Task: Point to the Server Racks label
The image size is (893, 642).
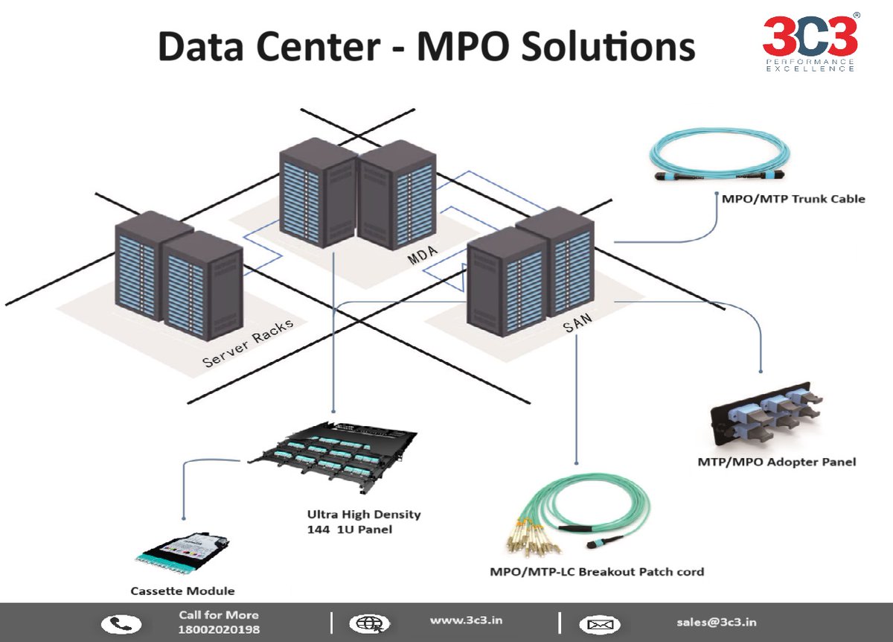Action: tap(248, 344)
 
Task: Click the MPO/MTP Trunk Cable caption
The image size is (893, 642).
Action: tap(793, 199)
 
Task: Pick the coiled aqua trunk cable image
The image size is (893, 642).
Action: tap(721, 156)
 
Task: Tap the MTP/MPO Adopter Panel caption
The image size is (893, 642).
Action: tap(777, 462)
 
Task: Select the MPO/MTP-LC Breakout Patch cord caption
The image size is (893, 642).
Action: tap(596, 572)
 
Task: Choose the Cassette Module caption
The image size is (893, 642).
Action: tap(182, 591)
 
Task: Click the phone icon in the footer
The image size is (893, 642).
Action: tap(121, 623)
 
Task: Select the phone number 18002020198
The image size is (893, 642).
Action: tap(219, 630)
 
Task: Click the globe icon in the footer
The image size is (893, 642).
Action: tap(368, 623)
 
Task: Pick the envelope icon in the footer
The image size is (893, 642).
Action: tap(599, 623)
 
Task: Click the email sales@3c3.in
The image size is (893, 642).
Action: tap(717, 622)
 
